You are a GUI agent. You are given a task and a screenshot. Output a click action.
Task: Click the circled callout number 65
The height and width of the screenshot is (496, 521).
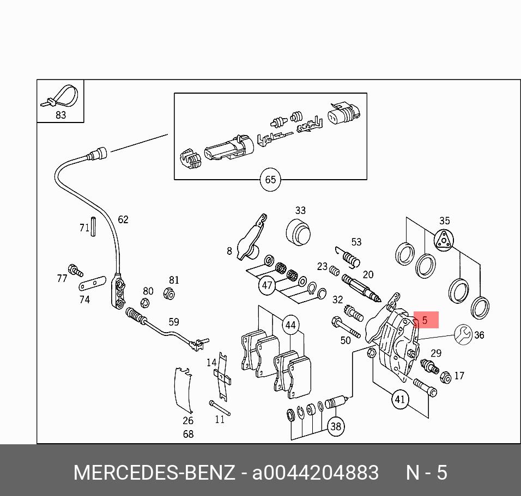click(270, 180)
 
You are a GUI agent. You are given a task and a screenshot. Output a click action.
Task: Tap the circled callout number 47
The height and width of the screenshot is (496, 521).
click(267, 285)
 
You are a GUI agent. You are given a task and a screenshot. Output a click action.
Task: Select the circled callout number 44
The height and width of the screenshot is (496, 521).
click(290, 326)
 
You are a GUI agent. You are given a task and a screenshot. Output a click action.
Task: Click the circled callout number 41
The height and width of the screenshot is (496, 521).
click(401, 399)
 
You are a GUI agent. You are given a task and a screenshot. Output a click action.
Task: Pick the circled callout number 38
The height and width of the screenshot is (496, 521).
click(336, 426)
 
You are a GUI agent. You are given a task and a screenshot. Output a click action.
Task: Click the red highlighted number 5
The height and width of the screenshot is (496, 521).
click(426, 321)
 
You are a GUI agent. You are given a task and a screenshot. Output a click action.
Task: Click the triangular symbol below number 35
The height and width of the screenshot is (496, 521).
click(444, 240)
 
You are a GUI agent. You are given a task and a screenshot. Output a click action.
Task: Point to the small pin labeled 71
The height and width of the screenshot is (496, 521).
click(93, 226)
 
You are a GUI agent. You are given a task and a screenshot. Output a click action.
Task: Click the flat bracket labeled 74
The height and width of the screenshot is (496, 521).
click(91, 284)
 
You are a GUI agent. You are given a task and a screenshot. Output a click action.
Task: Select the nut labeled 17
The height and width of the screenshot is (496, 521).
click(445, 377)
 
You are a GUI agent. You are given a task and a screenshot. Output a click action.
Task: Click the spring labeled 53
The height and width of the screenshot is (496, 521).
click(349, 256)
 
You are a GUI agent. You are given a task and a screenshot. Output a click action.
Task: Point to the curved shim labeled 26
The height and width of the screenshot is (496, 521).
click(183, 390)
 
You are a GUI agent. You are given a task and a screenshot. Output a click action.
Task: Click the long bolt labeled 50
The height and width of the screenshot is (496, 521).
click(345, 328)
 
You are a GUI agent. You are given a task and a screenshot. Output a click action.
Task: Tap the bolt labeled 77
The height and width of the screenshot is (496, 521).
click(75, 270)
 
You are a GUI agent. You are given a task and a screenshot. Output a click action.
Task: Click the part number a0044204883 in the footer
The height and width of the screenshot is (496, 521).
click(316, 472)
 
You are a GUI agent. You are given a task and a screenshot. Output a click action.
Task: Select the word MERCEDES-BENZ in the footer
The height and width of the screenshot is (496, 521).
click(154, 472)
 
